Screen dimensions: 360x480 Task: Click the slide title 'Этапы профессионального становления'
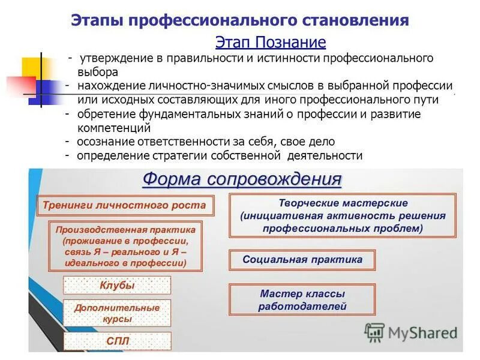240,20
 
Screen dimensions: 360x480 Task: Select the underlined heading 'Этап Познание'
270,42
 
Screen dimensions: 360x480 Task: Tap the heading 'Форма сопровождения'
242,180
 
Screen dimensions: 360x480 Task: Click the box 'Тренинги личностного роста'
124,205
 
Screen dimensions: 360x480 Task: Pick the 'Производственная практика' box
125,246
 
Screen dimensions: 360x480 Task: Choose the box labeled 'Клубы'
117,285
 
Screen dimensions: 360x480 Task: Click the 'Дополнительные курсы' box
117,313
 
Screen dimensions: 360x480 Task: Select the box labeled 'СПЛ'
117,341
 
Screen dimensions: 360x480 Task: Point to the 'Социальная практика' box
302,260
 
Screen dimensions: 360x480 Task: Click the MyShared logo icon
374,332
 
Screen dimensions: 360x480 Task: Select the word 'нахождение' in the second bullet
106,86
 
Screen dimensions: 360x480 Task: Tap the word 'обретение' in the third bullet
102,114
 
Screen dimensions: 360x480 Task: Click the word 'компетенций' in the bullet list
113,128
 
